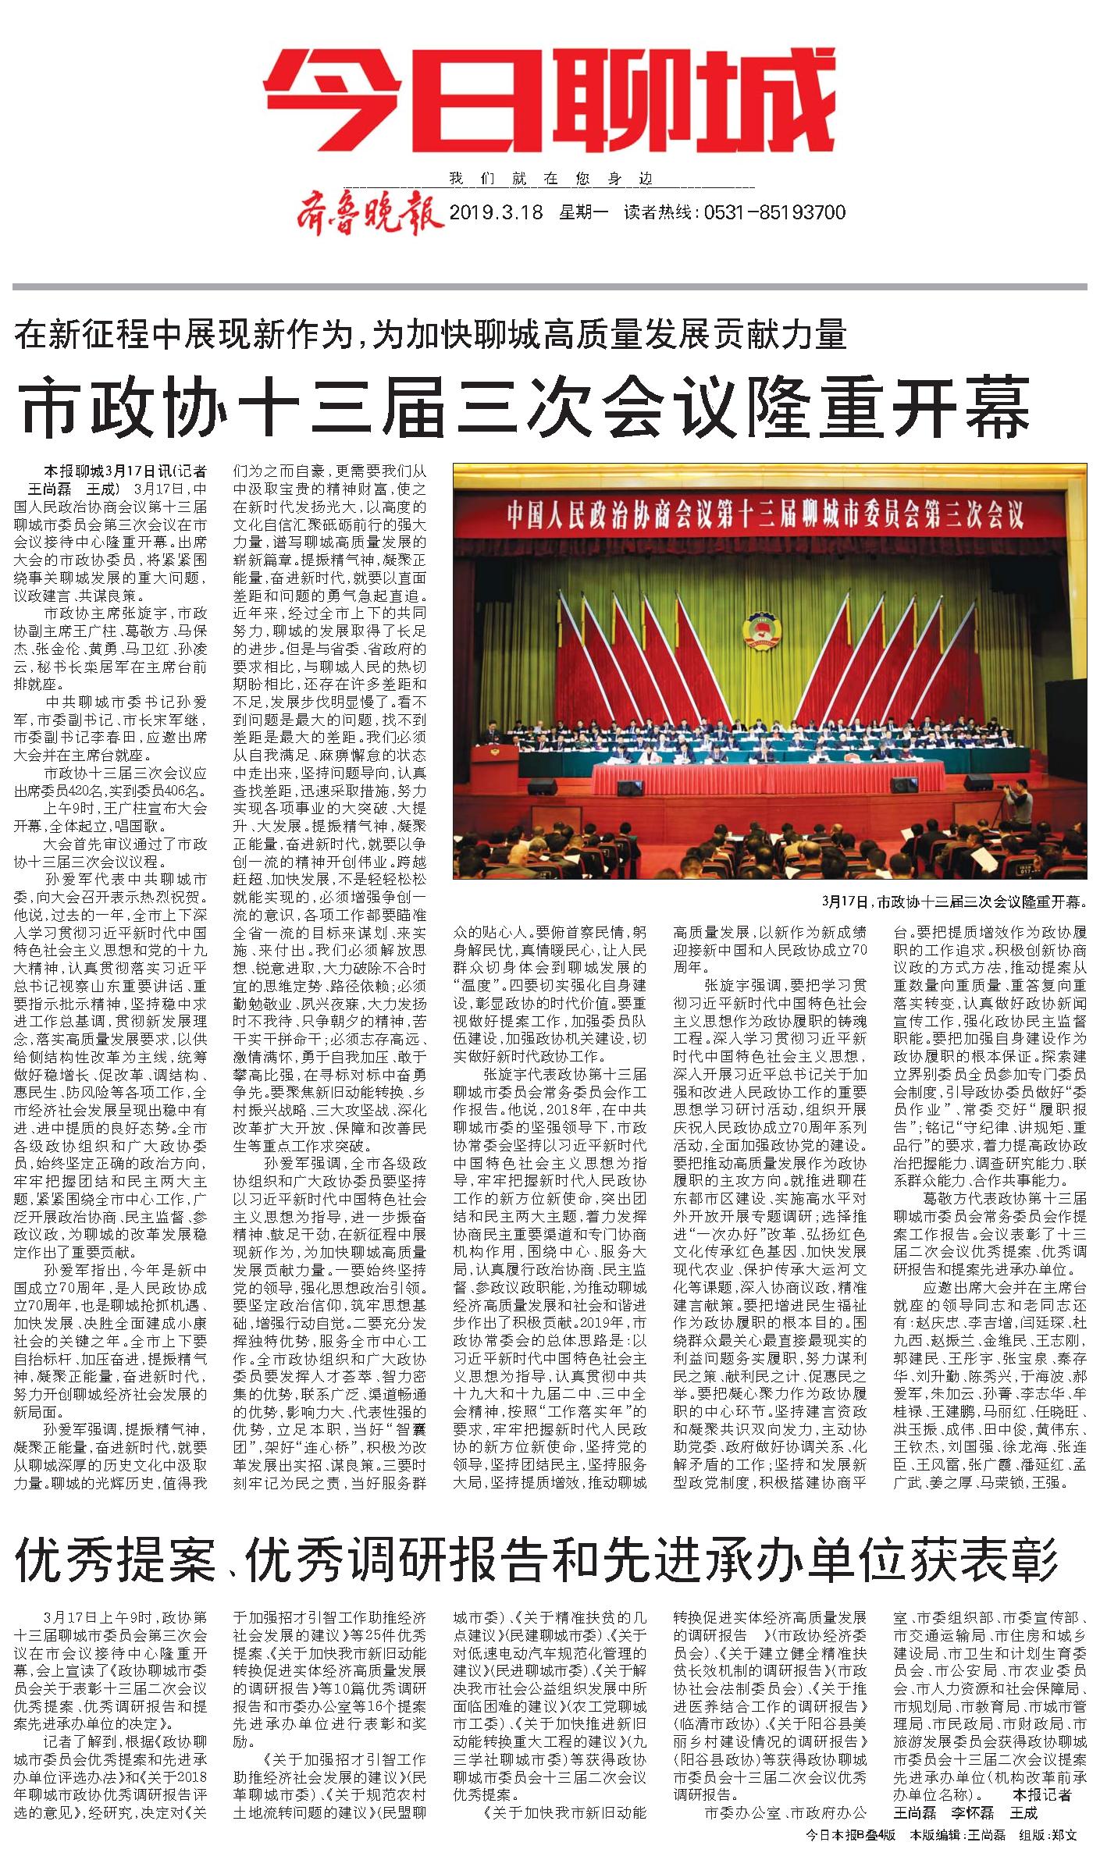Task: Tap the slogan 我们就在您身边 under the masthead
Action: (550, 179)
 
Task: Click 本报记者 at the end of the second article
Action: (1043, 1794)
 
